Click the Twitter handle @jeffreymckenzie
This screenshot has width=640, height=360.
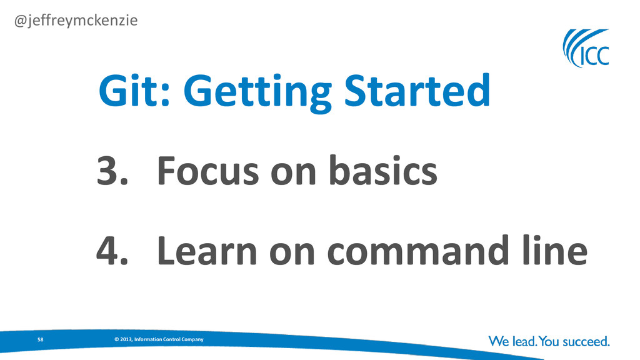[x=76, y=21]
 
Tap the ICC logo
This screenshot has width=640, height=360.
[x=586, y=48]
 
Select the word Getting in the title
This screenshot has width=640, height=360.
[x=257, y=92]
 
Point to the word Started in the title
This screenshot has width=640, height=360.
[x=417, y=90]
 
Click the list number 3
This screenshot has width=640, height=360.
[x=112, y=171]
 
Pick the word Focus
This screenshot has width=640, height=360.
[x=207, y=171]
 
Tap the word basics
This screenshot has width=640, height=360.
[x=383, y=170]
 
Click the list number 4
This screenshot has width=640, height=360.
[x=112, y=251]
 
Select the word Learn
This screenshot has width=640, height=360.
[x=207, y=251]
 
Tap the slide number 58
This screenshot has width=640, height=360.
[x=41, y=339]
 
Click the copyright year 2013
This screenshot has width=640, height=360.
[x=126, y=339]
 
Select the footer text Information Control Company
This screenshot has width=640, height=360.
[x=169, y=339]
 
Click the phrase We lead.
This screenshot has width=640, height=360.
[x=512, y=341]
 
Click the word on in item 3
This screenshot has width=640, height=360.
[x=294, y=173]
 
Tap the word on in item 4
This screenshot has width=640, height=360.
[x=292, y=253]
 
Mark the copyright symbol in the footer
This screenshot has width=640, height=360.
[x=116, y=339]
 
